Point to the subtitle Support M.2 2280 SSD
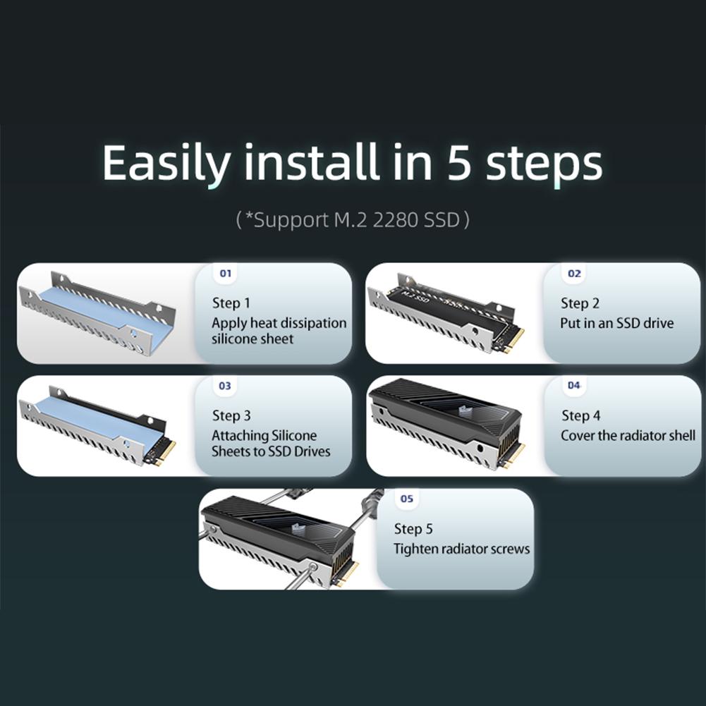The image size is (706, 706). point(353,220)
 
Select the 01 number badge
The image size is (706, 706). point(225,273)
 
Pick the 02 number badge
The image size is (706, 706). point(574,273)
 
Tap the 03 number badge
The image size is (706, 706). point(225,386)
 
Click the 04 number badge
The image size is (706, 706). point(574,385)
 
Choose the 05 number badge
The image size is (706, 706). point(407,499)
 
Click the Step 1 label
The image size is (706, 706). point(231,303)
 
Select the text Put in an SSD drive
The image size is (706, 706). point(617,323)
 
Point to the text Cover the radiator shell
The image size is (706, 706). point(628,435)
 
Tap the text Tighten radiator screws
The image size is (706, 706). point(461,549)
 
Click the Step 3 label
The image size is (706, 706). point(231,416)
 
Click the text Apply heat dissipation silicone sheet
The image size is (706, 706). point(279,331)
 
